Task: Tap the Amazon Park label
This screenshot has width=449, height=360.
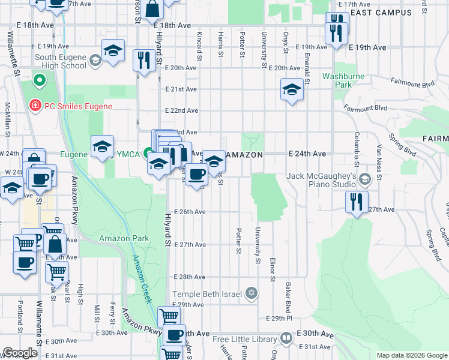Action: coord(124,238)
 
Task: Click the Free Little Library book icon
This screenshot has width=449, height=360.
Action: coord(287,338)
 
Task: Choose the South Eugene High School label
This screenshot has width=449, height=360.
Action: coord(53,61)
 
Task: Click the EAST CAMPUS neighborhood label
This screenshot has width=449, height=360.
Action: coord(381,13)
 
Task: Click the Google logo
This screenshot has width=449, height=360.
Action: coord(20,353)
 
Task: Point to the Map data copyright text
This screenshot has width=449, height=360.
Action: coord(411,355)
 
